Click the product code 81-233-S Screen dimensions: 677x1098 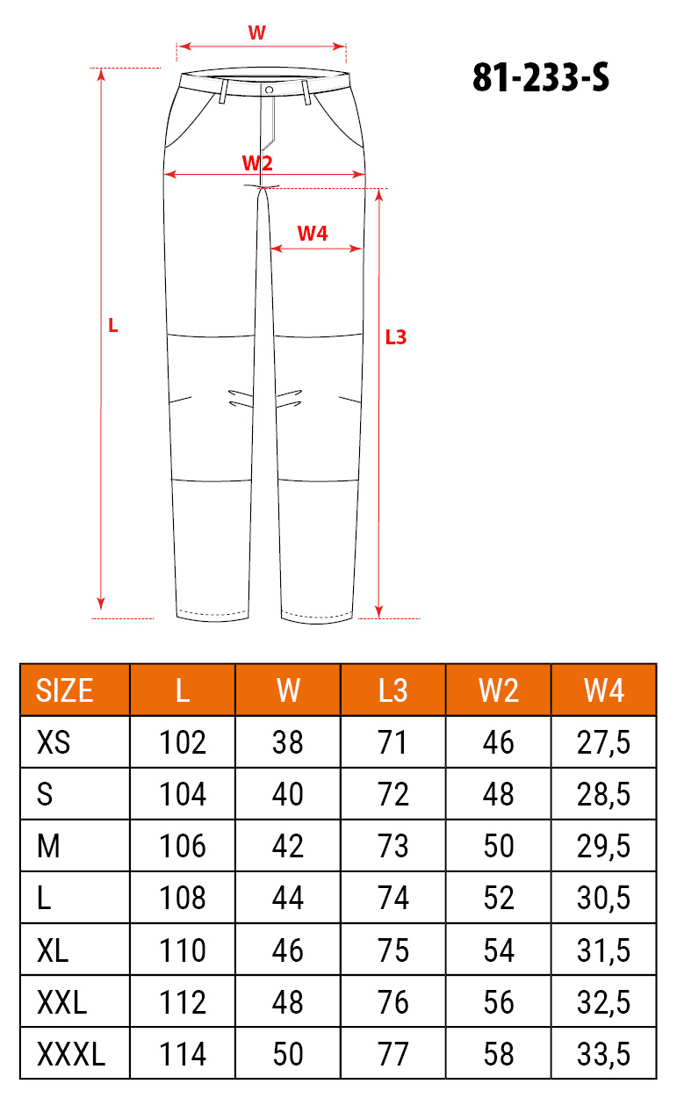541,77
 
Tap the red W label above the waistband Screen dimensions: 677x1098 257,33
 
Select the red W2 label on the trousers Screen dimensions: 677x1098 257,163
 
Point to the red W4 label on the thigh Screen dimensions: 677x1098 313,234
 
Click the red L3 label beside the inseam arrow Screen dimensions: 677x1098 396,337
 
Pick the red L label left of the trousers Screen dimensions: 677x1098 113,326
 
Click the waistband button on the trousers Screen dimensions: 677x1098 269,90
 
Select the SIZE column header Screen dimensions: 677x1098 64,690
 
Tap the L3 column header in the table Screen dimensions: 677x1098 393,690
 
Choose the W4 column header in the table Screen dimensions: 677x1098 604,690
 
